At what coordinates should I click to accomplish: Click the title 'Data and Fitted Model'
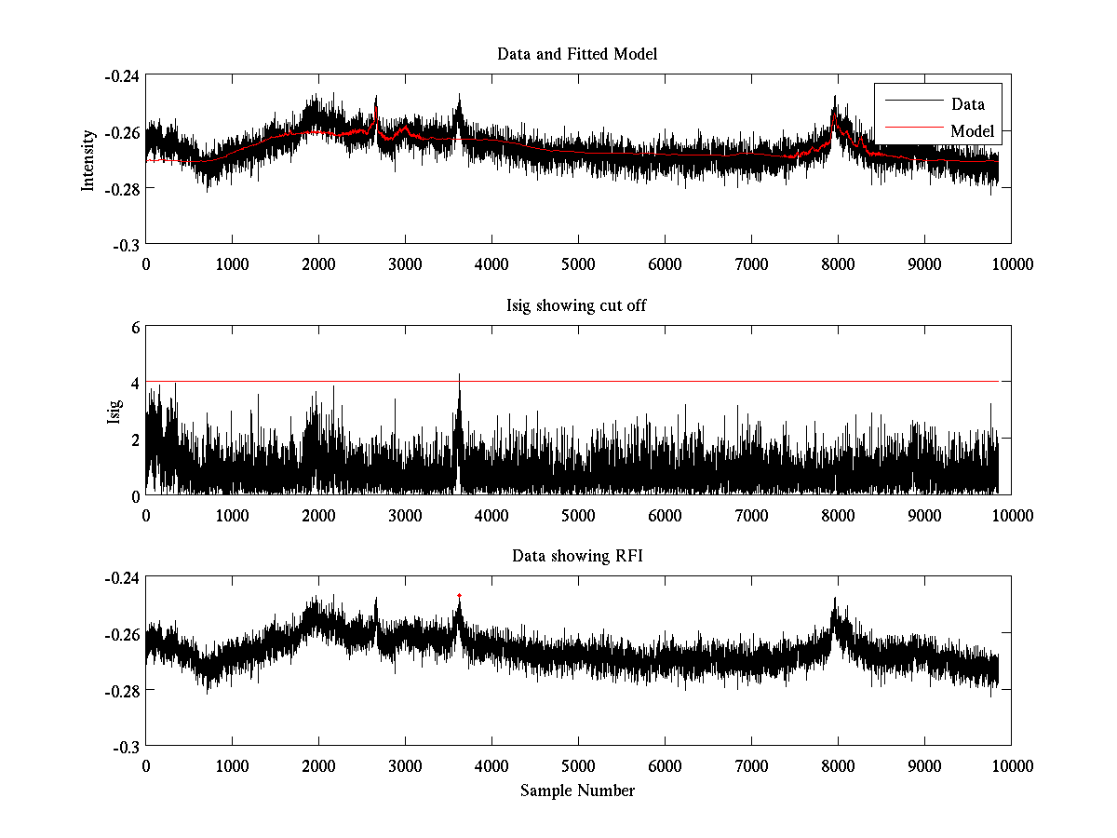coord(577,54)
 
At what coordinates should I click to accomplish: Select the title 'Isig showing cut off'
coord(577,305)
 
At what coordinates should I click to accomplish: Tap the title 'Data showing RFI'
coord(577,557)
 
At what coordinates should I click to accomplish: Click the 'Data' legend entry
coord(967,103)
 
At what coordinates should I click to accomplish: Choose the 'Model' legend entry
coord(972,131)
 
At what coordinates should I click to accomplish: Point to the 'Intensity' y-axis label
coord(88,159)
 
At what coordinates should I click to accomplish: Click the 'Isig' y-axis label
coord(114,411)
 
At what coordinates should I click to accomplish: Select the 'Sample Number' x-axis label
coord(577,791)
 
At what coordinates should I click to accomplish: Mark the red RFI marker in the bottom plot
coord(459,595)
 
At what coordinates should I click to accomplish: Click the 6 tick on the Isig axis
coord(135,327)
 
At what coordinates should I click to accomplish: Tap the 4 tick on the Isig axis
coord(135,383)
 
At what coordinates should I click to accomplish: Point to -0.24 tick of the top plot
coord(122,76)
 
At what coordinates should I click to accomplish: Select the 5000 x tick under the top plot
coord(578,264)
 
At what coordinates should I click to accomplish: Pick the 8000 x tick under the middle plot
coord(838,515)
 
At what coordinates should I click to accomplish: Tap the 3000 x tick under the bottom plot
coord(405,766)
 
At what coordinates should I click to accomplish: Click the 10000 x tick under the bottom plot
coord(1011,766)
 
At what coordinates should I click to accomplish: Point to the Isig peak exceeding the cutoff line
coord(459,375)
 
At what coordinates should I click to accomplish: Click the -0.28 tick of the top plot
coord(122,188)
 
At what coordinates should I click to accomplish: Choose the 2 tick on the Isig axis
coord(135,439)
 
